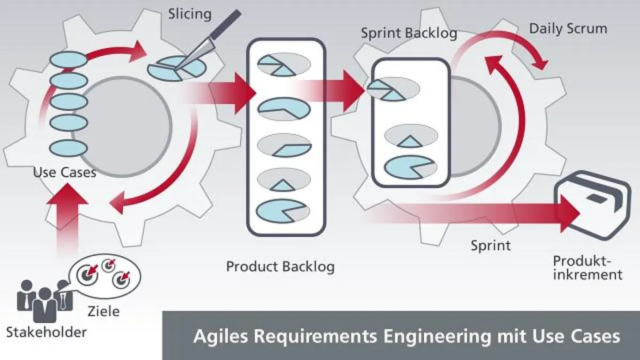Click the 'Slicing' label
189,13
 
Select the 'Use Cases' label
65,172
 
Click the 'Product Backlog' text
281,266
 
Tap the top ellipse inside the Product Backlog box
284,65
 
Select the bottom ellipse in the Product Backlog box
284,211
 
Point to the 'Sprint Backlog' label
409,33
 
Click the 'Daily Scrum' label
567,28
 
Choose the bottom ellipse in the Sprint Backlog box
410,166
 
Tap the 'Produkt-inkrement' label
587,268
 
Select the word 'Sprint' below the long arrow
491,246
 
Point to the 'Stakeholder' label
46,332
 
